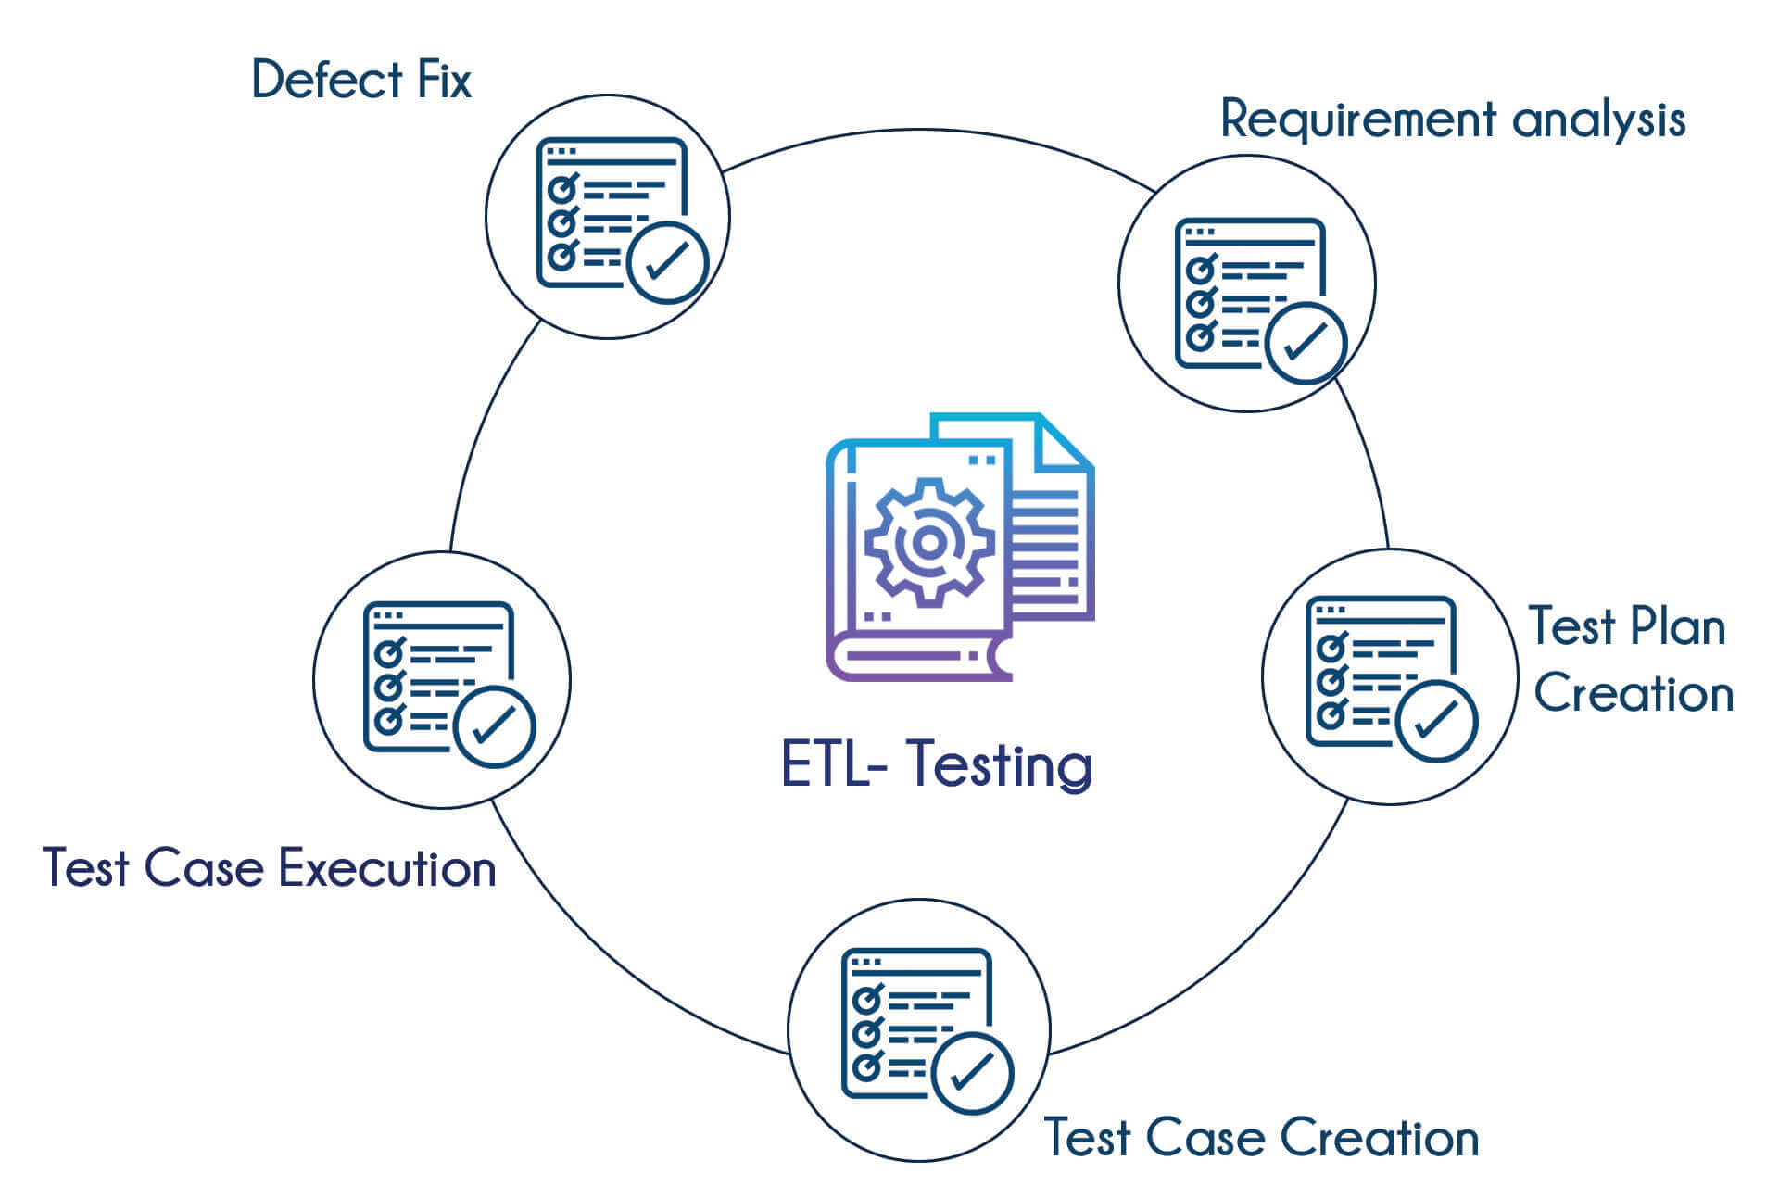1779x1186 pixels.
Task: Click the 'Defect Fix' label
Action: (x=361, y=80)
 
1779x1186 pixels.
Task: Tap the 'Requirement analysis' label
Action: (x=1452, y=120)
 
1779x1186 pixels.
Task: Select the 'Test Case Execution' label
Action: (x=270, y=869)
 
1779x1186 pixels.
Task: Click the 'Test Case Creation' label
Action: (x=1261, y=1138)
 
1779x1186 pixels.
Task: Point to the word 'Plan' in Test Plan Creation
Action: (x=1677, y=627)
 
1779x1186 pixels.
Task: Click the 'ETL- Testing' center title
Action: (x=937, y=765)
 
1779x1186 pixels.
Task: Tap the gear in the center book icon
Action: (x=929, y=543)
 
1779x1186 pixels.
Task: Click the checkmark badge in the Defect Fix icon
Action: (x=667, y=262)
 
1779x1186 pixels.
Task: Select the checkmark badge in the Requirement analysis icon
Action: (x=1306, y=343)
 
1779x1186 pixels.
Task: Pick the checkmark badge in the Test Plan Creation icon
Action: (x=1436, y=721)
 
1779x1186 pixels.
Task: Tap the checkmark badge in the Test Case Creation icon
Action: (x=972, y=1072)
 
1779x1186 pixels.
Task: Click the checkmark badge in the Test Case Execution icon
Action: (x=494, y=726)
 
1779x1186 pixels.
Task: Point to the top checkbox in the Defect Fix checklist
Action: (x=561, y=190)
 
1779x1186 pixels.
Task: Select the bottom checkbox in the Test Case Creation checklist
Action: (x=866, y=1066)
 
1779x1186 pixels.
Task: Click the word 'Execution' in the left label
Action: (x=387, y=869)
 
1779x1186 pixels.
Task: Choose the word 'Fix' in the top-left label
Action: (x=444, y=80)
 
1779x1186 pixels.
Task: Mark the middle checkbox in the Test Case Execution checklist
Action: (x=388, y=687)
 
